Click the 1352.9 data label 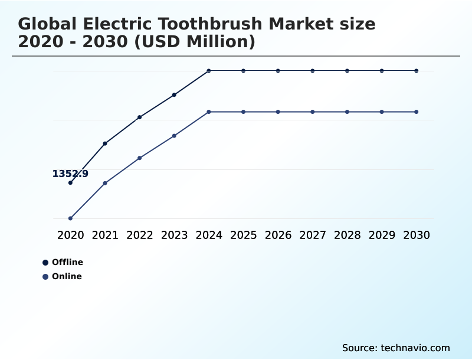point(70,174)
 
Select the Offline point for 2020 point(70,183)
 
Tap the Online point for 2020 point(70,218)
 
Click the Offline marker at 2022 point(140,117)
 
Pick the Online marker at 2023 point(174,136)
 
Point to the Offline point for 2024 point(209,71)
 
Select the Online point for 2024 point(209,112)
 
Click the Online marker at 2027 point(313,112)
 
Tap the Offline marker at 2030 point(417,71)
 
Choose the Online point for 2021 point(105,183)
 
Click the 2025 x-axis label point(244,235)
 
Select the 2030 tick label point(417,235)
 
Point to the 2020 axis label point(70,235)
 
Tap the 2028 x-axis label point(347,235)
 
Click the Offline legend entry point(67,262)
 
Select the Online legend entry point(66,276)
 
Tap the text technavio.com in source point(415,348)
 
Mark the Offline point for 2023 point(174,94)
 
